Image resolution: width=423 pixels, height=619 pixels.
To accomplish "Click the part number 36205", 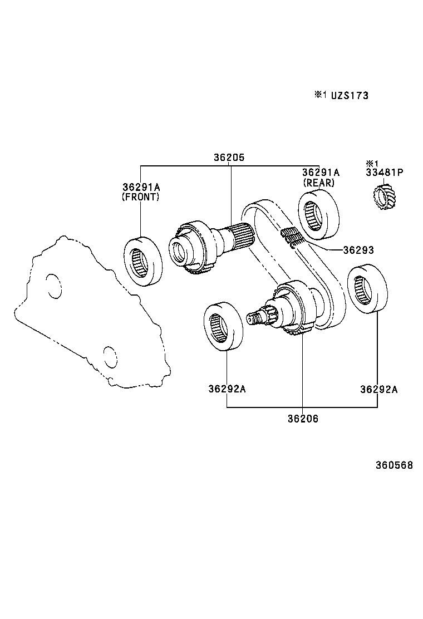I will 229,158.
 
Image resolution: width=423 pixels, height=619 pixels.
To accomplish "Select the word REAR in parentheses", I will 318,183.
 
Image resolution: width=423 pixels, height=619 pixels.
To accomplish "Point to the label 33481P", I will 384,173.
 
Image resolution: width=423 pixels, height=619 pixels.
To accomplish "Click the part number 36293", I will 358,250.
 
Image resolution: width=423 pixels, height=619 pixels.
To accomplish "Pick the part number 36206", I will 303,419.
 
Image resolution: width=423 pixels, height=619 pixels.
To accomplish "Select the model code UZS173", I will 350,96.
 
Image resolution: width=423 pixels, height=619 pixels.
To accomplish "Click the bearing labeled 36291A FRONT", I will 142,260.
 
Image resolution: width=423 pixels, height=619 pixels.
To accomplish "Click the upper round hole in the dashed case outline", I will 54,286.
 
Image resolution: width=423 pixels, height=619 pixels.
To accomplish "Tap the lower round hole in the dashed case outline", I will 111,357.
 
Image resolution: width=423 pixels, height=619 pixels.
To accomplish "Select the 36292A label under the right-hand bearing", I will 378,389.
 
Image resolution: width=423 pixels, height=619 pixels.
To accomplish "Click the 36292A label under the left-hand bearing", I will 227,389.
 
